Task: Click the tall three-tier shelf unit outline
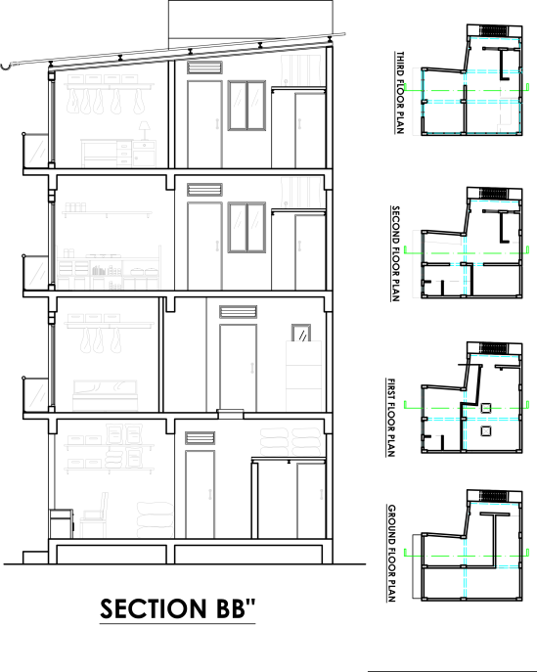(303, 377)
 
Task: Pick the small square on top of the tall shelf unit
(300, 333)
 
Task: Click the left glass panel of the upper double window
(238, 106)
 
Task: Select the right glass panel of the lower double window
(255, 227)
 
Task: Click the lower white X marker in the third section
(486, 430)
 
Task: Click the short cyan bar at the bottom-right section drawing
(507, 567)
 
